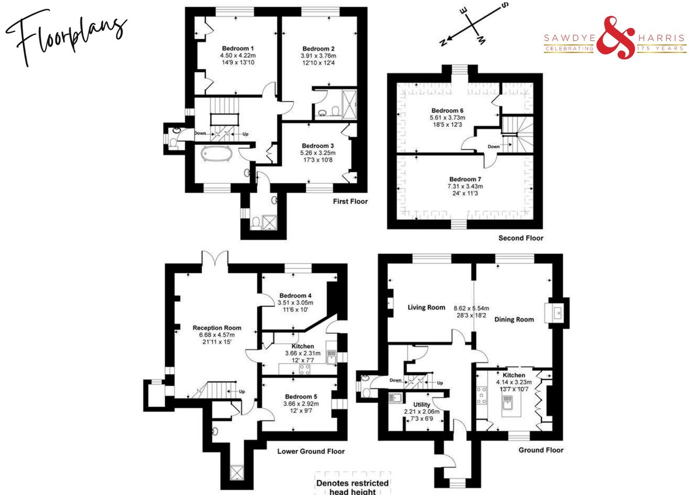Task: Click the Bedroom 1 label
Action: click(x=238, y=48)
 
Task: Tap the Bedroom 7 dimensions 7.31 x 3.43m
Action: click(x=465, y=186)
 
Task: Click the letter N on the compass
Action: click(x=443, y=43)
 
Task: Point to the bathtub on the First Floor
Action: click(x=216, y=154)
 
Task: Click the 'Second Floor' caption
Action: click(x=520, y=238)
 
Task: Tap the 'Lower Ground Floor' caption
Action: click(x=311, y=451)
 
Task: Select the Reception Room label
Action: click(x=217, y=327)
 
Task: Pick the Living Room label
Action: click(x=426, y=308)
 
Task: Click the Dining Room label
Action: click(x=514, y=319)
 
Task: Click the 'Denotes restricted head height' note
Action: click(x=352, y=487)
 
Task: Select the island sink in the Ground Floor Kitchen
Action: click(x=507, y=402)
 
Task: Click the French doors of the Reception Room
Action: click(x=215, y=257)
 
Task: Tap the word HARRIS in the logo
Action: click(x=661, y=38)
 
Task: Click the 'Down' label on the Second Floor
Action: click(x=494, y=147)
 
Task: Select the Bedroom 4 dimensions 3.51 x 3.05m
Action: click(x=295, y=303)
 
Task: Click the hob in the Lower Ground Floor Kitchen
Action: click(x=304, y=369)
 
